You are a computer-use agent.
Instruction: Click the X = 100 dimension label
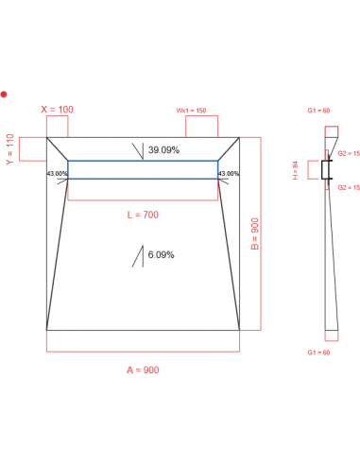57,110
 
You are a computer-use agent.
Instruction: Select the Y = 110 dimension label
10,148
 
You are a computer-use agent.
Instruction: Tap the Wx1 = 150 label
193,111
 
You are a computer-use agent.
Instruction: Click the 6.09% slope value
161,254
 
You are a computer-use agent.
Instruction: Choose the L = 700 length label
143,215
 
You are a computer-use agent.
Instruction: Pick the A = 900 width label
143,370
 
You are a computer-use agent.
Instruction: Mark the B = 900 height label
254,233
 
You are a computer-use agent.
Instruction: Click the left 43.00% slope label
57,174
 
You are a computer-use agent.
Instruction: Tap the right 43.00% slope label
229,174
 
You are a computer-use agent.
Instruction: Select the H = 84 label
296,170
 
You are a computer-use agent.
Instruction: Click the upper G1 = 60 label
319,112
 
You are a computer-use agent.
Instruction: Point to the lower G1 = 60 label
319,353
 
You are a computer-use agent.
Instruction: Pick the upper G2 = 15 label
349,152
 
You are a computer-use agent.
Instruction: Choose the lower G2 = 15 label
349,188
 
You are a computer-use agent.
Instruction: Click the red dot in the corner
4,94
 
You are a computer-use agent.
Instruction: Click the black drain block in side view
328,170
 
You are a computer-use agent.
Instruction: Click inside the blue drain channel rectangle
142,169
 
